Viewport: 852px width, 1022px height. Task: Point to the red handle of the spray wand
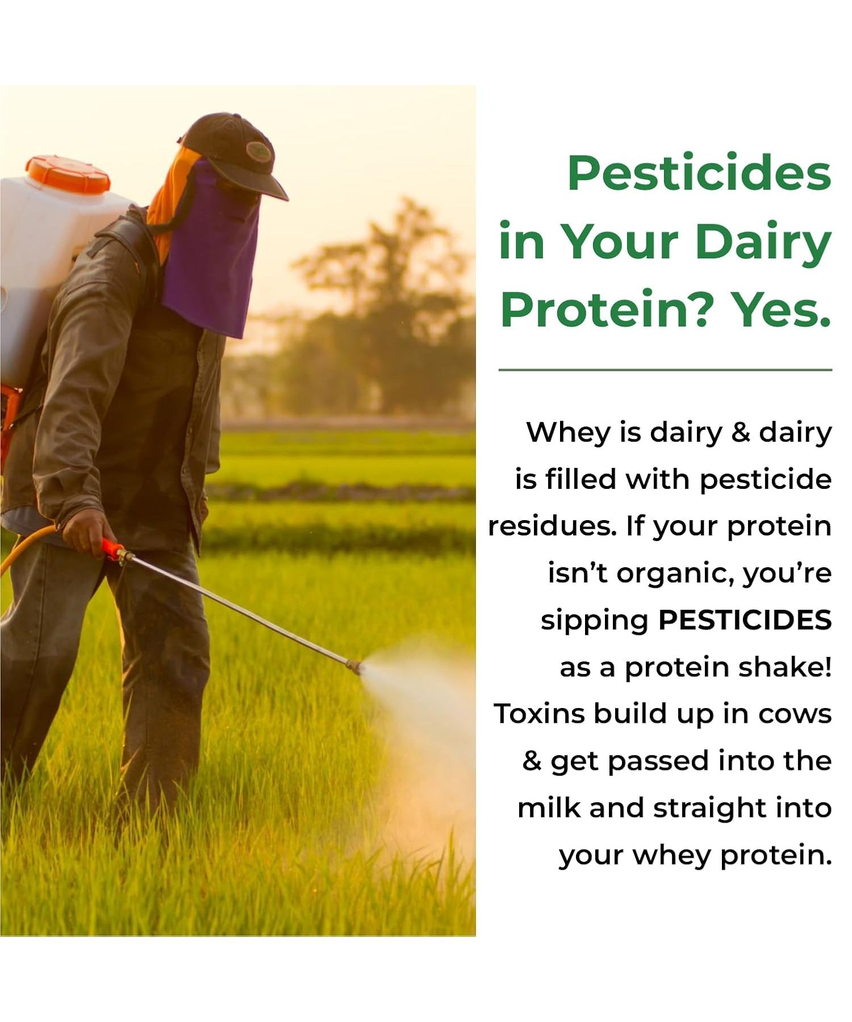(112, 549)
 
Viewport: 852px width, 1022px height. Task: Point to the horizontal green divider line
(665, 370)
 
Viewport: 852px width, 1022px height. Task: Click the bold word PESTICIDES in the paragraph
(745, 620)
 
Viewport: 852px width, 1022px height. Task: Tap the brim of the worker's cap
(267, 185)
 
